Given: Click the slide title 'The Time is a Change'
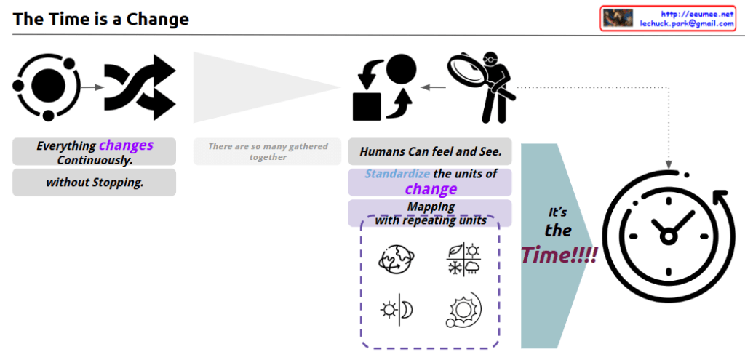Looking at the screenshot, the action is click(x=100, y=19).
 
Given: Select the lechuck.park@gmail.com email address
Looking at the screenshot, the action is click(x=687, y=23).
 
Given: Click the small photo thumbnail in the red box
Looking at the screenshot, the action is click(x=618, y=18).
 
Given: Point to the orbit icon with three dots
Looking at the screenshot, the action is click(x=47, y=86).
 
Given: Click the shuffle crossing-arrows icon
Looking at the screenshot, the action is click(x=140, y=87).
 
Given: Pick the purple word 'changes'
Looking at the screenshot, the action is click(x=127, y=145).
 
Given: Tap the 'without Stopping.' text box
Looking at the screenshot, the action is click(x=94, y=183).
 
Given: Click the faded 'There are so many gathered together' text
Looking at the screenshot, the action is click(x=268, y=151).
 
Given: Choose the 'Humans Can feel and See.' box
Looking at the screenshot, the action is click(x=430, y=152).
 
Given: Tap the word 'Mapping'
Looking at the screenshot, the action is click(x=431, y=207).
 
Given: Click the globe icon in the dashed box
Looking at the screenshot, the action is click(x=397, y=260).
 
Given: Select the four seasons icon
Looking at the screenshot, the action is click(x=462, y=260).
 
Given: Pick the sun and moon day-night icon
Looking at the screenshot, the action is click(x=397, y=310).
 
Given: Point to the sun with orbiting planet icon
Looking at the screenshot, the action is click(x=463, y=310).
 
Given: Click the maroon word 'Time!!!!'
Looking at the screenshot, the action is click(x=559, y=255).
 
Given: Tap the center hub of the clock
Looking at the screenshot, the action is click(x=668, y=236).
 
